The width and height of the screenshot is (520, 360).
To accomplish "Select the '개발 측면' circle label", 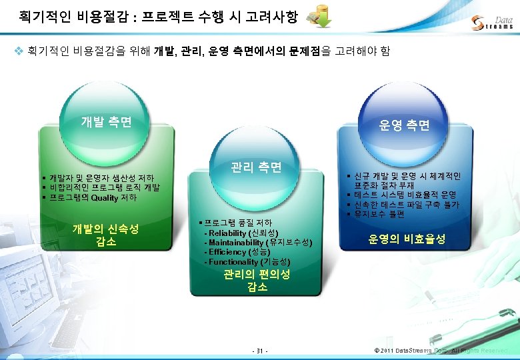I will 106,122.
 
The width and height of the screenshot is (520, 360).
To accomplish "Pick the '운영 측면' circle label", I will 404,125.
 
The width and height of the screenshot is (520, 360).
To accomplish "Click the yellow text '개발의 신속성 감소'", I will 106,235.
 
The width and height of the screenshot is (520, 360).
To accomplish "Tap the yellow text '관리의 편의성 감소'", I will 257,280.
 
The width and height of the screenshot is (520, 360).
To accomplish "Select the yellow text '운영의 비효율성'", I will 407,239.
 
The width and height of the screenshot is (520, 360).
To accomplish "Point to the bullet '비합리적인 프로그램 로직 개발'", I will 104,187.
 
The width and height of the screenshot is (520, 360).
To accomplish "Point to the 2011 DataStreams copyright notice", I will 441,351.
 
